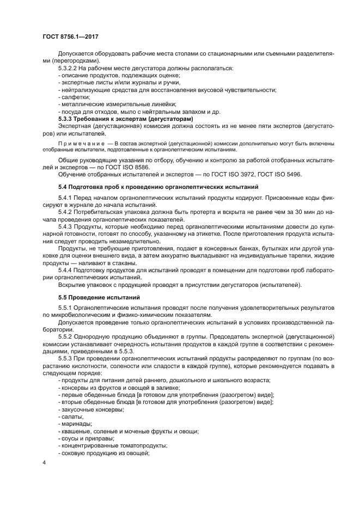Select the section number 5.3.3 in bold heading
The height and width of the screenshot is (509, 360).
[x=67, y=119]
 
